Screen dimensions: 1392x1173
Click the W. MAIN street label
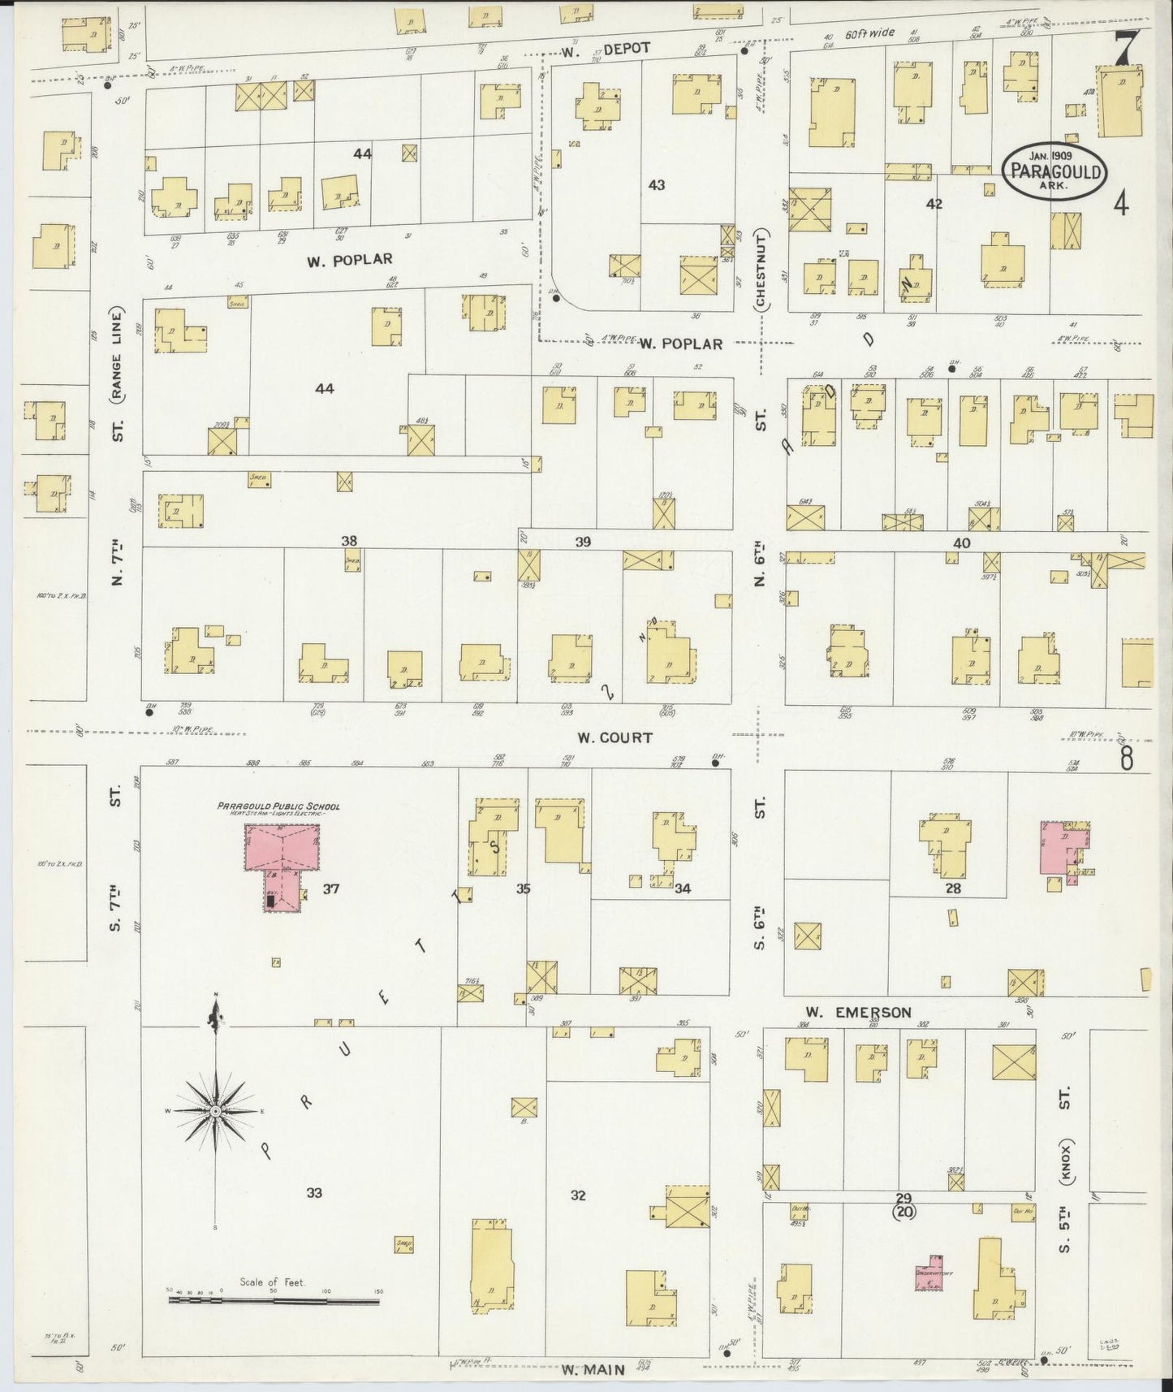click(594, 1370)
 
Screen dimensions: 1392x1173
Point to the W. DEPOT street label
click(606, 49)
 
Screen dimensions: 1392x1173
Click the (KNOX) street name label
click(1065, 1164)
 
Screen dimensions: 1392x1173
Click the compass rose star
click(216, 1110)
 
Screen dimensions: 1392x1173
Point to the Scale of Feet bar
click(274, 1300)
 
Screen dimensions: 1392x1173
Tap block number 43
click(656, 185)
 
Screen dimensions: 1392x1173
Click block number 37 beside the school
click(330, 888)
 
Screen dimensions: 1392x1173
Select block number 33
click(314, 1193)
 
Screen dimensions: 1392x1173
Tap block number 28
click(952, 888)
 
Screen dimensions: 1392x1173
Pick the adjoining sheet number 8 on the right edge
click(1127, 758)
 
